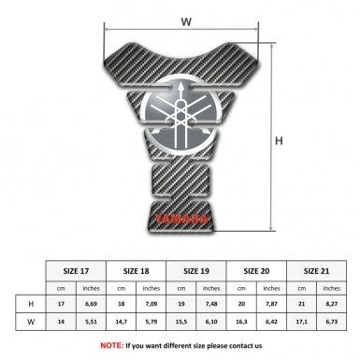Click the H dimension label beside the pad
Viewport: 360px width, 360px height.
279,141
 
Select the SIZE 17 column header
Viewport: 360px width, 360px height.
77,269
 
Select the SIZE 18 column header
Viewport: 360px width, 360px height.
137,269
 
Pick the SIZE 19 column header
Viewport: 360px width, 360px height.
197,269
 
